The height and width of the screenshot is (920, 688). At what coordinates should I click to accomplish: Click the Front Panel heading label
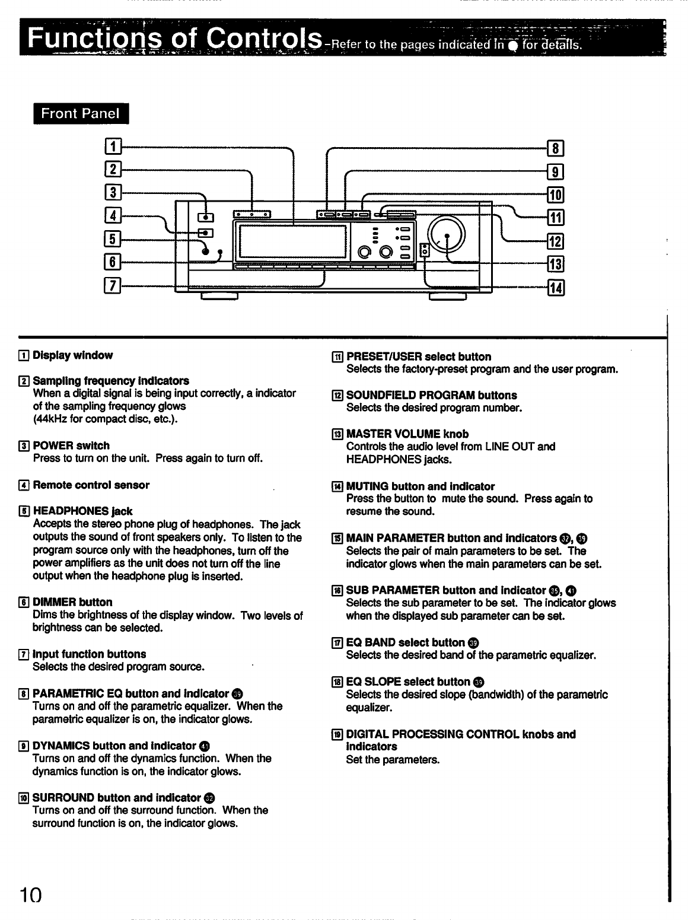coord(81,113)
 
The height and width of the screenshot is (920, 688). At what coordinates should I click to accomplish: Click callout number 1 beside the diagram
coord(112,146)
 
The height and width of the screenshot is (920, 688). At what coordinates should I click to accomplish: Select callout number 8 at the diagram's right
coord(557,148)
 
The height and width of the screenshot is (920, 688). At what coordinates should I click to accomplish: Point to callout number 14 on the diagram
coord(557,288)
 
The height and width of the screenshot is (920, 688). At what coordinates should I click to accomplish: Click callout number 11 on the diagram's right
coord(557,217)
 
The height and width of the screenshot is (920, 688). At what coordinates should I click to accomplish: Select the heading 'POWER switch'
coord(71,445)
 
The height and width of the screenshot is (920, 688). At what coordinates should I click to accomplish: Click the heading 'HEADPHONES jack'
coord(82,511)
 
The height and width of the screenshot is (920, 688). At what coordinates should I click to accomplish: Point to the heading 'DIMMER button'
coord(72,602)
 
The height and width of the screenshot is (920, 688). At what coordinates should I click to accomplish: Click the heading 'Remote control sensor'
coord(91,485)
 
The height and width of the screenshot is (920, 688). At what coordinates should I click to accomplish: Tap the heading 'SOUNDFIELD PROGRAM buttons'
coord(431,395)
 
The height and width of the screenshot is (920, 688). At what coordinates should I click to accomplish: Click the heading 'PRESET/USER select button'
coord(418,356)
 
